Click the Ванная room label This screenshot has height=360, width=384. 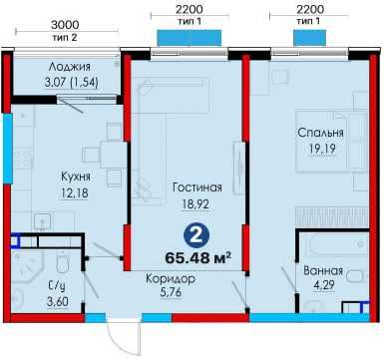click(324, 271)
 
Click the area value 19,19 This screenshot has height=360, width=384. click(320, 150)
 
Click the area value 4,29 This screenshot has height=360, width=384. click(324, 287)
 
